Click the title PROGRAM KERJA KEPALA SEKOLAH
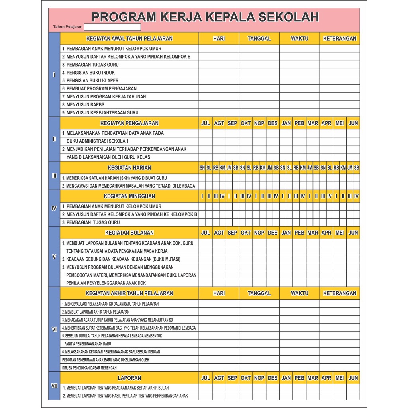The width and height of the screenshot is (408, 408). click(205, 17)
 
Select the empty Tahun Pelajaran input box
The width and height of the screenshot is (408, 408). click(112, 27)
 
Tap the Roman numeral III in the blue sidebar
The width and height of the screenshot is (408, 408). click(54, 175)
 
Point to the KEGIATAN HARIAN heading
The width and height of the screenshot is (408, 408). click(129, 168)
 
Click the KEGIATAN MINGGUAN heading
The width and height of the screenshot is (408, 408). click(129, 196)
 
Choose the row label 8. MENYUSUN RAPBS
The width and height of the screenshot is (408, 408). click(83, 105)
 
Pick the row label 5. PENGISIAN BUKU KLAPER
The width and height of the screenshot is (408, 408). click(90, 80)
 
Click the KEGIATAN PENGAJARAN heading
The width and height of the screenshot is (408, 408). click(129, 123)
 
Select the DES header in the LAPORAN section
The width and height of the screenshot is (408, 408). click(273, 378)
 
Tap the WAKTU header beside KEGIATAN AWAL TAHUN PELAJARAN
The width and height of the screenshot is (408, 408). click(299, 39)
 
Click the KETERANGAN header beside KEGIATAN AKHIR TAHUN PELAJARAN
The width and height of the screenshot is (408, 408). click(339, 293)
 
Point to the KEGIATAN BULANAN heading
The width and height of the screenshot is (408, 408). click(129, 233)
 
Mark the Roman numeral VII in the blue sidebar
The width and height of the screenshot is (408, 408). click(54, 386)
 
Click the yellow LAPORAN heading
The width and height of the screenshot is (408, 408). click(129, 378)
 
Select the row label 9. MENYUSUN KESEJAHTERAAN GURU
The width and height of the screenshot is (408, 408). click(100, 113)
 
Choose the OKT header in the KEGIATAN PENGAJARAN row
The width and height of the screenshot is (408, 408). click(245, 123)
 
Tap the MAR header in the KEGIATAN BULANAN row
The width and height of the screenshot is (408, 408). click(313, 233)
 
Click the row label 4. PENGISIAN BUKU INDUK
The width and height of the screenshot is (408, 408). click(88, 73)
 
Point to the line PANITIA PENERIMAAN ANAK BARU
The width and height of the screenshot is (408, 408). click(87, 344)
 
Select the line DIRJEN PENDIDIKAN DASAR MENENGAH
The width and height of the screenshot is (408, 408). click(89, 368)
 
